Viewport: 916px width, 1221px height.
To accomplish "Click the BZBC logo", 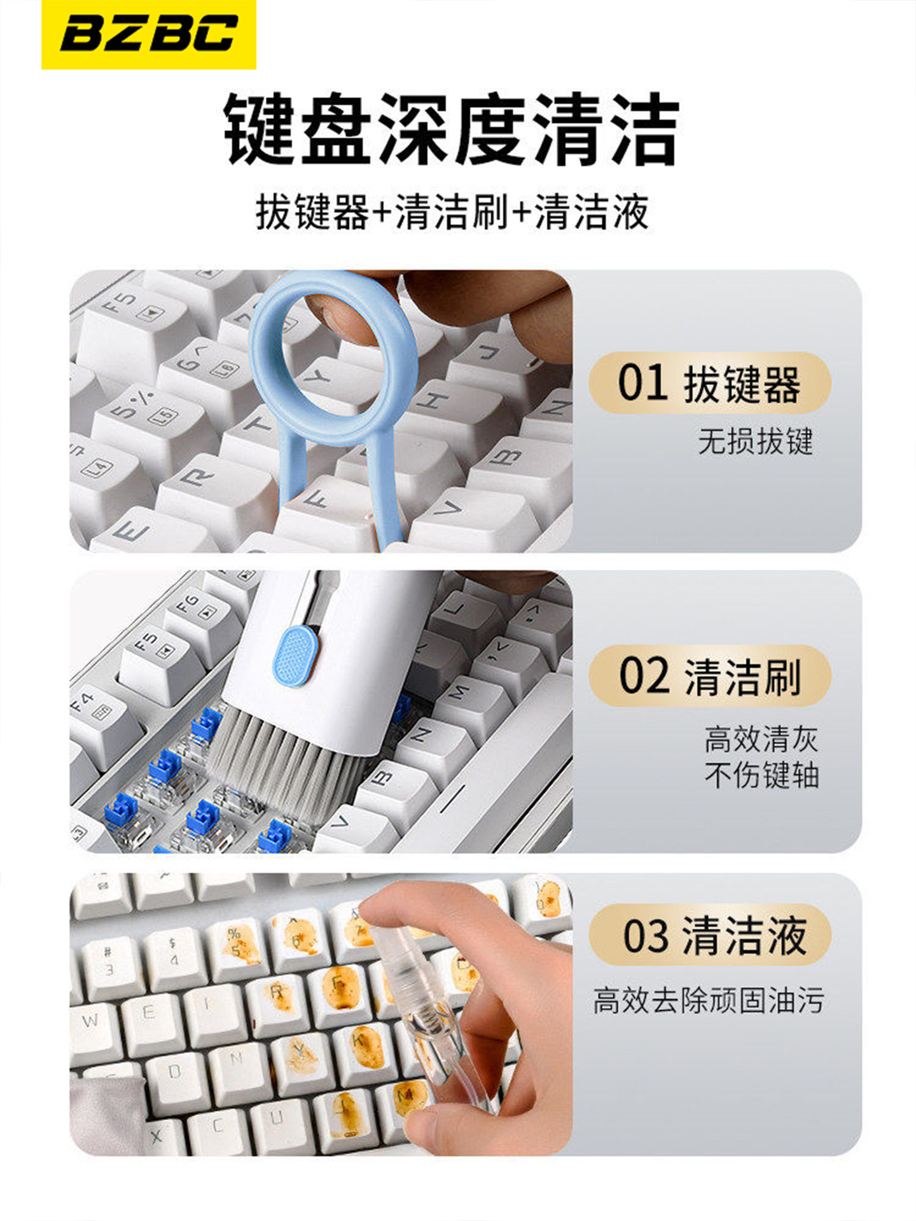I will (149, 34).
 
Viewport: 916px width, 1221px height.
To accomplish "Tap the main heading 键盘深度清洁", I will (451, 129).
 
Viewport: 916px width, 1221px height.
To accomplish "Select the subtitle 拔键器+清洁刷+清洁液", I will (452, 212).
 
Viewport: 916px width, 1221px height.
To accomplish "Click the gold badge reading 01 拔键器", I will (710, 383).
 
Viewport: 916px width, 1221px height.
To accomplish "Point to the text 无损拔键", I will (756, 441).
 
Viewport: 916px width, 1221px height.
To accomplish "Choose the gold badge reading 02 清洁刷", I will (710, 676).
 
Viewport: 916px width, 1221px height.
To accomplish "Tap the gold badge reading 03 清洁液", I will (710, 935).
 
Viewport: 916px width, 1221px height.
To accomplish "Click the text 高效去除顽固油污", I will (709, 1000).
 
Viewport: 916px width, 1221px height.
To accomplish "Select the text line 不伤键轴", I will (761, 775).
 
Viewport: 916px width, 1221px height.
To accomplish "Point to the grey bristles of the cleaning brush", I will (286, 757).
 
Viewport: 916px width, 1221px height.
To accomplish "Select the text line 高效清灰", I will (761, 739).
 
